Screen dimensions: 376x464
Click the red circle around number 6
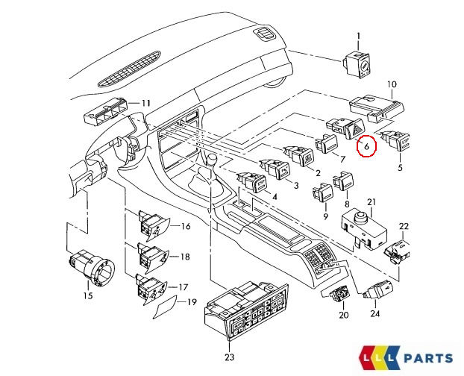click(366, 146)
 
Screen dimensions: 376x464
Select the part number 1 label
click(357, 37)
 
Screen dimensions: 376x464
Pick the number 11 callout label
click(145, 102)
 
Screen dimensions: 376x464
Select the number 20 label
click(343, 315)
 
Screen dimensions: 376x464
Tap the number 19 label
click(191, 302)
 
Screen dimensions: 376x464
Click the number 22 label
click(404, 226)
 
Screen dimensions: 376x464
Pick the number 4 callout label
click(275, 197)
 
